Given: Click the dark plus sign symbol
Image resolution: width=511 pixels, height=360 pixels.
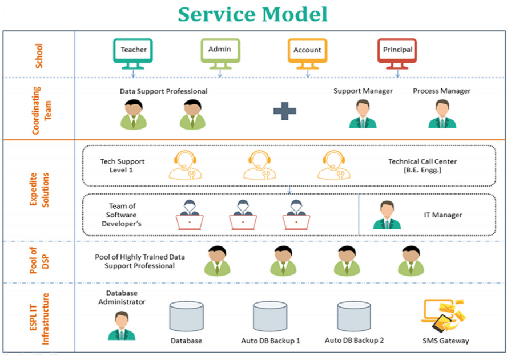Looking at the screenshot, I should (x=284, y=111).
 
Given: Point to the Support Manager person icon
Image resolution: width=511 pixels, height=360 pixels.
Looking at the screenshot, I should (x=363, y=114).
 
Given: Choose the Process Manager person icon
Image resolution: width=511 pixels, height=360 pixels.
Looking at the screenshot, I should (x=442, y=114).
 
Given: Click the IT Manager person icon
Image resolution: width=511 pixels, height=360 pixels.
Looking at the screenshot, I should (x=387, y=215).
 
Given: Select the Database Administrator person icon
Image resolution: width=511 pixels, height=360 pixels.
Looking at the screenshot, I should (x=122, y=326).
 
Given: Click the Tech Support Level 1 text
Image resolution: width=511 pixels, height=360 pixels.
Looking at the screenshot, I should (x=122, y=165).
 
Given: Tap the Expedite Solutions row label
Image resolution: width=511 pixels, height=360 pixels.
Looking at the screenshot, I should (x=38, y=190).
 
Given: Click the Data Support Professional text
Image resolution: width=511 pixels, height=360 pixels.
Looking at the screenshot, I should (x=163, y=91).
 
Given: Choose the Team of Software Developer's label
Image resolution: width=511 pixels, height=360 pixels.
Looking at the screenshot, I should (x=122, y=215).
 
